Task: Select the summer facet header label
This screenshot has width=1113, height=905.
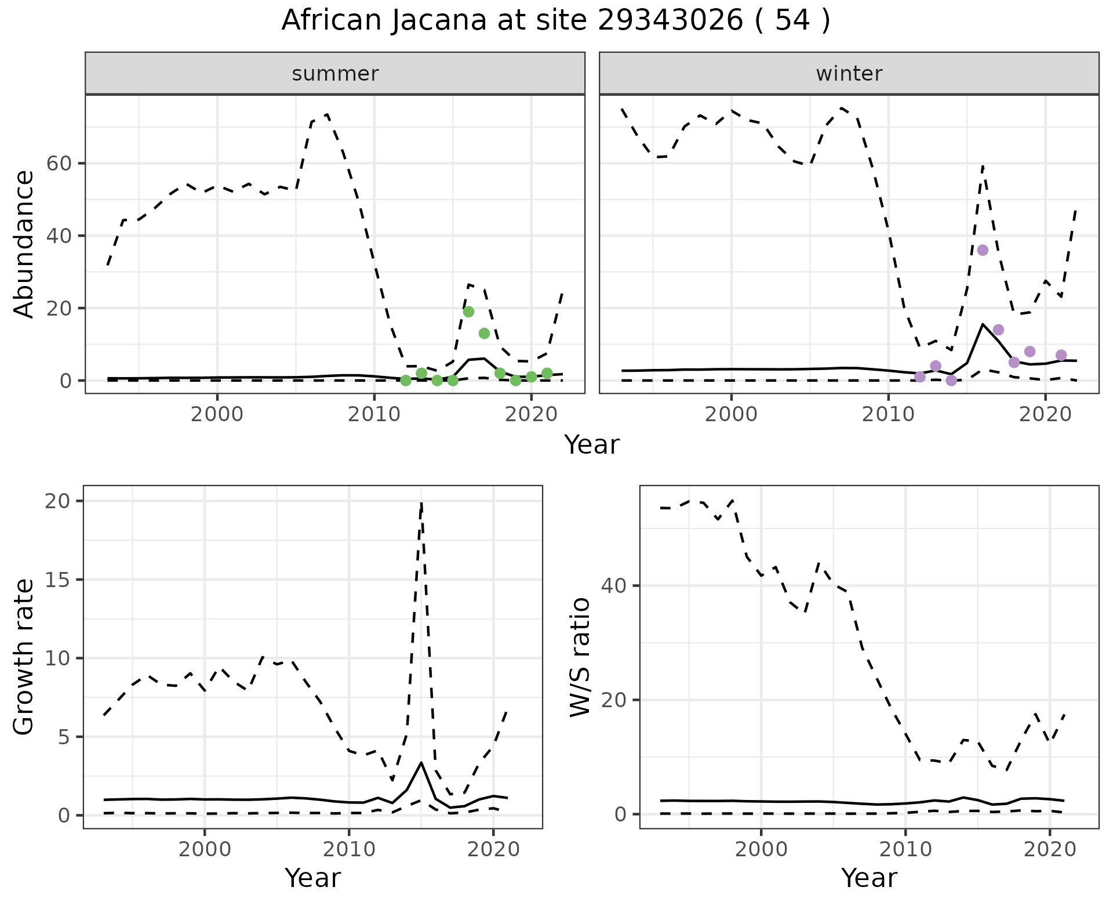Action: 335,74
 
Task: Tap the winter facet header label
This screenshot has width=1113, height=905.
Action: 849,74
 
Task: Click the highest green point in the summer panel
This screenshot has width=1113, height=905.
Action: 468,312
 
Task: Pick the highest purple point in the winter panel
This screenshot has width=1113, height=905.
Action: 983,250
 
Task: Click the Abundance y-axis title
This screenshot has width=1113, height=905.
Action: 24,244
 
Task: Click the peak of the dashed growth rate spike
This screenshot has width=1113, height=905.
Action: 421,502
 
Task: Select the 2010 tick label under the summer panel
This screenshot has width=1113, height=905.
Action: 374,415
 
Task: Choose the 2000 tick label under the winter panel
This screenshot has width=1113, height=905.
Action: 732,415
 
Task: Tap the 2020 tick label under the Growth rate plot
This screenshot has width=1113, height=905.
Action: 493,850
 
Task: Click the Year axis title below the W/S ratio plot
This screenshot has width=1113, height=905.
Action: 868,878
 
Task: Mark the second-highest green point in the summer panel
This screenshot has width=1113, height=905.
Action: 484,333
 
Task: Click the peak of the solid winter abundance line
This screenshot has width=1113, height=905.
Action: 983,324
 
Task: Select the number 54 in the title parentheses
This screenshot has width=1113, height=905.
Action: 792,21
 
